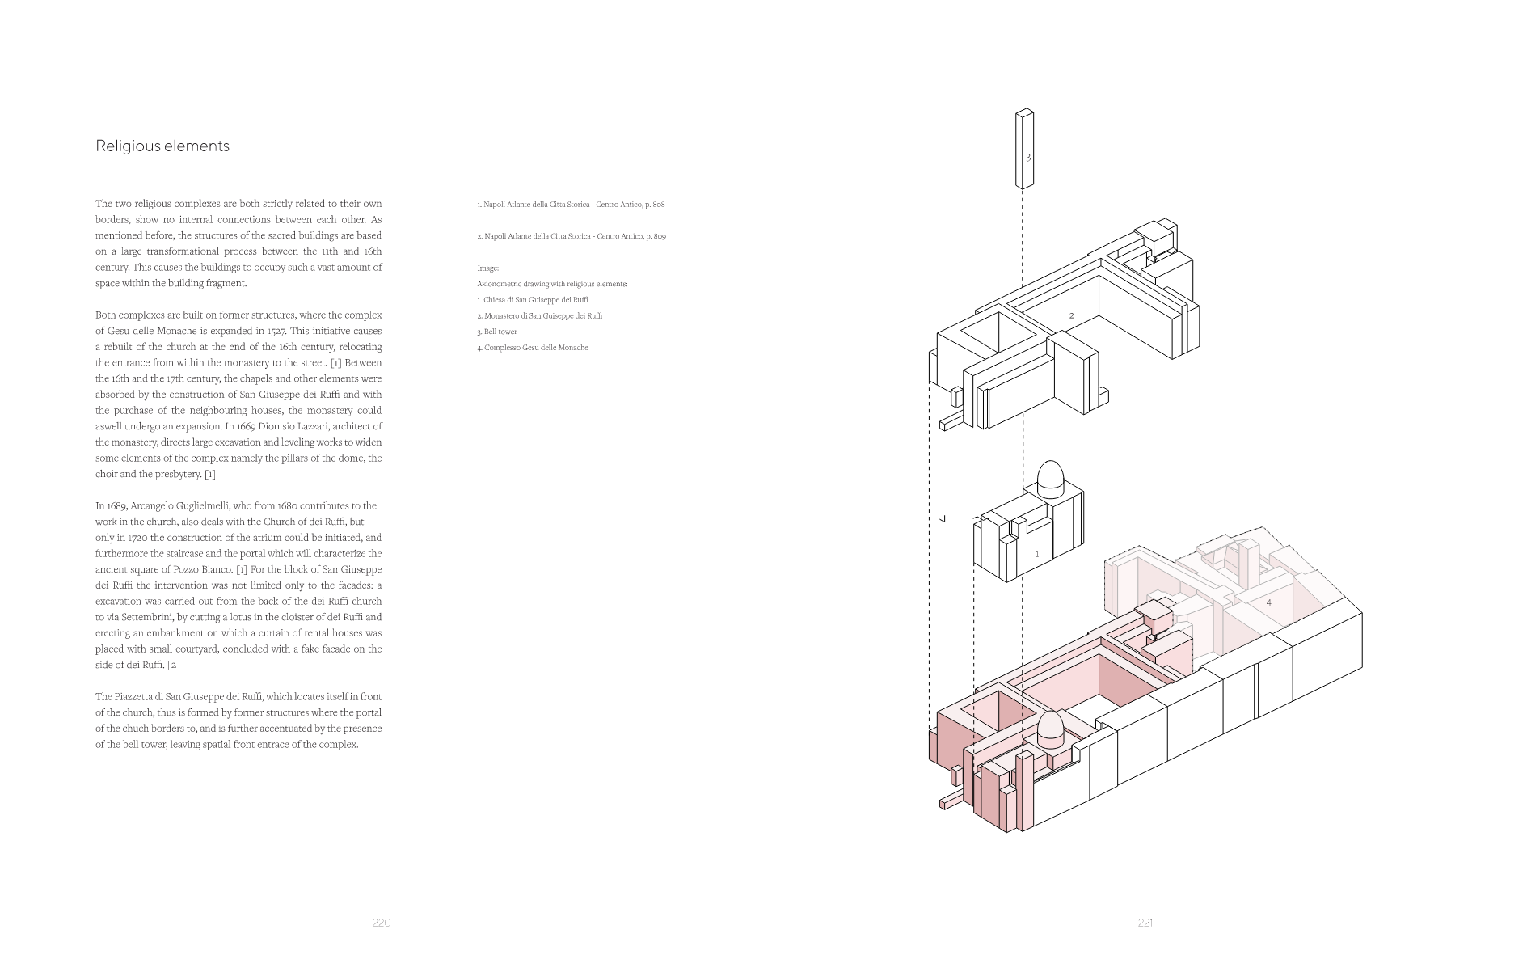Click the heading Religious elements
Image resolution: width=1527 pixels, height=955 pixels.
pos(162,146)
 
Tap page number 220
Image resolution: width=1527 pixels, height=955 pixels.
pos(382,923)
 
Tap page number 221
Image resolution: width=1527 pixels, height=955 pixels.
pos(1145,923)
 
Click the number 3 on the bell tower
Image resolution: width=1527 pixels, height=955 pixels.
pos(1028,158)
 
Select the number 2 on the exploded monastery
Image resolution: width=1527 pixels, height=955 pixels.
pos(1072,315)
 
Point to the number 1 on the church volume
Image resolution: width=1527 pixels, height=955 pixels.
pos(1037,555)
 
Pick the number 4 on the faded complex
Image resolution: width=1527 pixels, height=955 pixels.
pos(1268,603)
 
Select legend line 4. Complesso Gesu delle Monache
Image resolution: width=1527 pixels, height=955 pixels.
pos(533,348)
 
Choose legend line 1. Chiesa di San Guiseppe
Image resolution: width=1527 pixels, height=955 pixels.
pos(533,300)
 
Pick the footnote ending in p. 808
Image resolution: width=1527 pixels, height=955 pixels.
pos(571,205)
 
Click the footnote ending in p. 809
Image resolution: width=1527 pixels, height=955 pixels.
pos(572,236)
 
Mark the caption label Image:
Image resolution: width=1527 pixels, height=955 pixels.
pos(488,268)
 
